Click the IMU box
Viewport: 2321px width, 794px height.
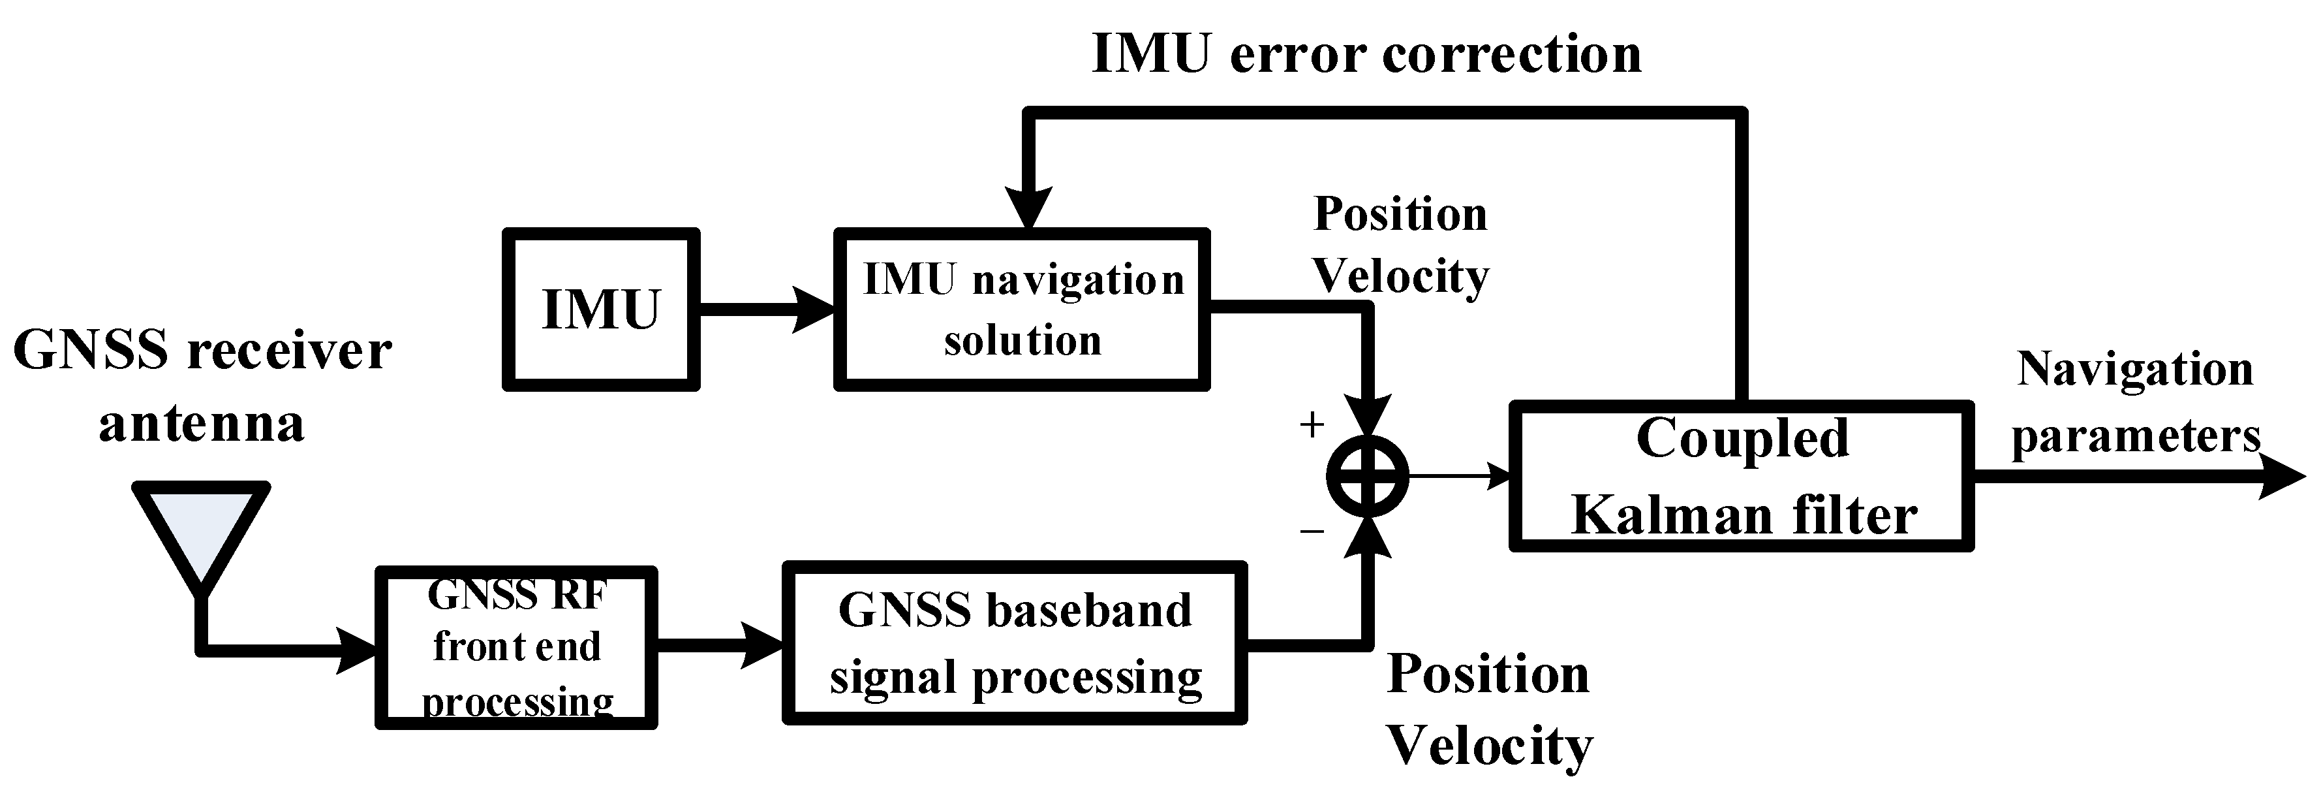(x=601, y=309)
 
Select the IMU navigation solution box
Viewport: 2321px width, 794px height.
(x=1022, y=309)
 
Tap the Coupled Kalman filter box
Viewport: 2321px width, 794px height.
(x=1741, y=477)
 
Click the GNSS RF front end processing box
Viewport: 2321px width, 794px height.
(x=516, y=647)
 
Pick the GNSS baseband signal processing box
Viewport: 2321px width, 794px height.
(x=1015, y=643)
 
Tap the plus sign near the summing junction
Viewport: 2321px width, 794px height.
(x=1312, y=424)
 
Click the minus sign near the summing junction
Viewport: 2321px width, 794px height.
(x=1312, y=532)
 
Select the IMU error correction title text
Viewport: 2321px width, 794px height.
(x=1366, y=54)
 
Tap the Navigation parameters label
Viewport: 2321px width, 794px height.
(x=2136, y=402)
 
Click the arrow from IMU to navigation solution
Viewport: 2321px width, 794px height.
(x=766, y=309)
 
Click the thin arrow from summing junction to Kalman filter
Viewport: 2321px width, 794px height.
(x=1460, y=476)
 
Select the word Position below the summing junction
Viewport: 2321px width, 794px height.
(x=1488, y=674)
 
